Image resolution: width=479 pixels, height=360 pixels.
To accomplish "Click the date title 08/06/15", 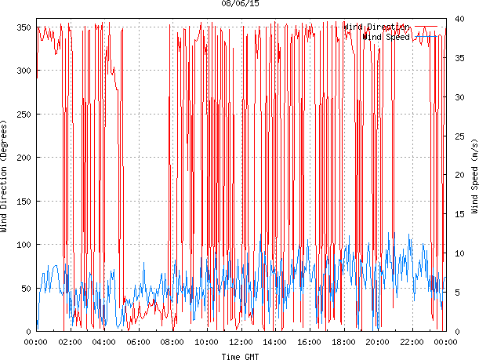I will pos(241,4).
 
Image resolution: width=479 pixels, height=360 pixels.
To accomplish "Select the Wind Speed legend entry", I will pos(387,36).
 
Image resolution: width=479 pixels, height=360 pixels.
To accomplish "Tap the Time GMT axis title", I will pos(241,355).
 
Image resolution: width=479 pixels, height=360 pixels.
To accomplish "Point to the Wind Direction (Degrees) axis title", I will pos(5,179).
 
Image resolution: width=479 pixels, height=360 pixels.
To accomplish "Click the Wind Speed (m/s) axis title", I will pos(474,179).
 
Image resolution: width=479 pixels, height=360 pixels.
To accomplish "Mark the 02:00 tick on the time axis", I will pos(70,342).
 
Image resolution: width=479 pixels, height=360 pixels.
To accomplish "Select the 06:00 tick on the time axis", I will pos(138,342).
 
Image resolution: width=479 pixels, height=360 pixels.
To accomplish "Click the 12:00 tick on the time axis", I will pos(241,342).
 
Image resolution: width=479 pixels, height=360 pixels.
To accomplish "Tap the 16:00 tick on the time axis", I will pos(309,342).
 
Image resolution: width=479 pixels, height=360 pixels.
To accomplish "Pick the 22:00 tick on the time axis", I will pos(412,342).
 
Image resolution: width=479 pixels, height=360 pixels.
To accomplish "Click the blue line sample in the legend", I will pos(428,36).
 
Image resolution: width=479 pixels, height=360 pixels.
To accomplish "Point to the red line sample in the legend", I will pos(428,27).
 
